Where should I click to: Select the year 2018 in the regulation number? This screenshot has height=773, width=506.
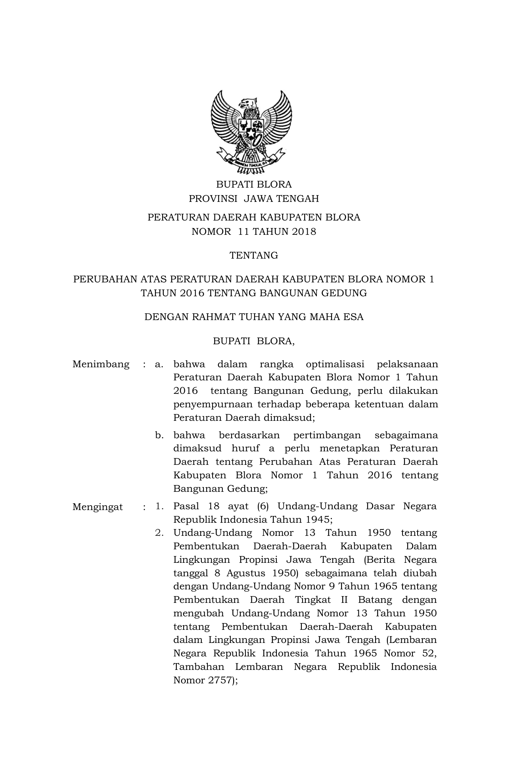click(x=304, y=232)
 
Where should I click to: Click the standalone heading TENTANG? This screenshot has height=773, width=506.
click(x=254, y=255)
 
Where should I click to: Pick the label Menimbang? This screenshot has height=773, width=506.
click(x=101, y=364)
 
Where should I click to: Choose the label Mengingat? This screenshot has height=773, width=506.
click(x=98, y=507)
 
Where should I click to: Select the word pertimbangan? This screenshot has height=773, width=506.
click(x=327, y=435)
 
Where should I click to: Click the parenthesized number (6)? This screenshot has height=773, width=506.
click(x=263, y=506)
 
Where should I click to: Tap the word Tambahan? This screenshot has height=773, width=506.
click(x=199, y=667)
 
